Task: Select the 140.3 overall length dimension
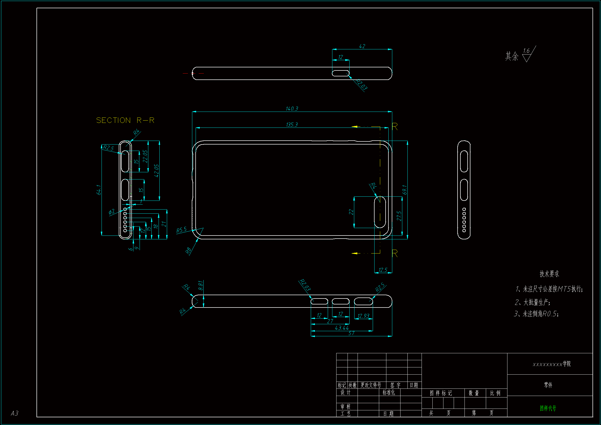point(292,108)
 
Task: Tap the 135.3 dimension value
point(292,124)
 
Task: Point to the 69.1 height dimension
point(405,190)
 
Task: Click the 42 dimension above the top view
point(362,46)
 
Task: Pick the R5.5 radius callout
point(181,230)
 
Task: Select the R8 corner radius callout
point(188,251)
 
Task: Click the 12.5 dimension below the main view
point(383,270)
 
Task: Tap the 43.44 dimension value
point(342,328)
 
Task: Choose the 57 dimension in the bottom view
point(351,333)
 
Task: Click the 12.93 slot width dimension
point(363,316)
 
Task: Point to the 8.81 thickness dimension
point(201,285)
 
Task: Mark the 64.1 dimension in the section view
point(99,189)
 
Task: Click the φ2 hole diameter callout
point(112,211)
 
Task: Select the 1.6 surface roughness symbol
point(527,54)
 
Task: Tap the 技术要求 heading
point(549,274)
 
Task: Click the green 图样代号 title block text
point(548,408)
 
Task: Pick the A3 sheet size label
point(15,413)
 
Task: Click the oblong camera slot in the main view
point(380,212)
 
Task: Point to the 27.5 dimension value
point(399,216)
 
